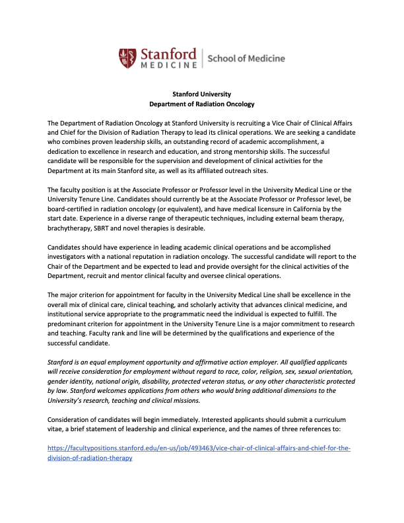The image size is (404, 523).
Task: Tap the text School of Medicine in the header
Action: tap(246, 58)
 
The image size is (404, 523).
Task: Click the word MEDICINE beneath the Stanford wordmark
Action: tap(168, 65)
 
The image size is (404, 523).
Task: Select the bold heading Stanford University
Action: tap(201, 94)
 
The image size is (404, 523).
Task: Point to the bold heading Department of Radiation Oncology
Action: tap(201, 104)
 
